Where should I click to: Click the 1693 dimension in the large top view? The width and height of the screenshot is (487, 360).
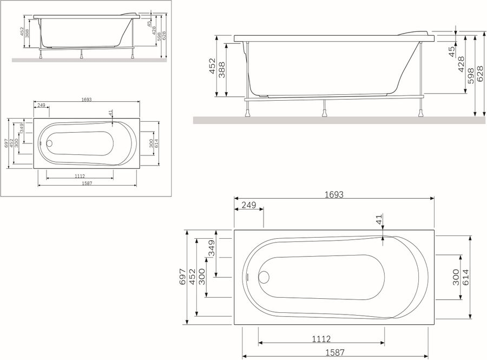tap(334, 195)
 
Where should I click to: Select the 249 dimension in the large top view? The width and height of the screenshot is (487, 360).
tap(249, 205)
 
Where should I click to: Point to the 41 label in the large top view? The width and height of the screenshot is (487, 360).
tap(378, 219)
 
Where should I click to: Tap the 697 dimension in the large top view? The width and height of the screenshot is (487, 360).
tap(182, 277)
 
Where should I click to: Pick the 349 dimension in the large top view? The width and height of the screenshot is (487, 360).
tap(212, 248)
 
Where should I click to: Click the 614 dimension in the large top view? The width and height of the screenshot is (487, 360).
tap(465, 277)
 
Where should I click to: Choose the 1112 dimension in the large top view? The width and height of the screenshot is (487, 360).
tap(321, 339)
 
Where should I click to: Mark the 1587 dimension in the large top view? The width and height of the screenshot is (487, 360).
tap(335, 352)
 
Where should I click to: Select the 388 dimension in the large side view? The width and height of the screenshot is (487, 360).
tap(222, 70)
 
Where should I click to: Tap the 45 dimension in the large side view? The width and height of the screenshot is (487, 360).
tap(452, 51)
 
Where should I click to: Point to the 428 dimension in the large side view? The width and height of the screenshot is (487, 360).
tap(461, 64)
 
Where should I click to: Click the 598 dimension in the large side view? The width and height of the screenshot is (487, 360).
tap(471, 76)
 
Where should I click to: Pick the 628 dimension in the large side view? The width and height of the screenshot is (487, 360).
tap(480, 73)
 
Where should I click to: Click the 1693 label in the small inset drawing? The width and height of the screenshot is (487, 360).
tap(87, 100)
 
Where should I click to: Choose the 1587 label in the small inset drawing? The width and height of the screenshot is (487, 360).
tap(87, 184)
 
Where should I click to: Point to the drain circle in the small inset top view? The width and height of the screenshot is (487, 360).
tap(50, 143)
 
